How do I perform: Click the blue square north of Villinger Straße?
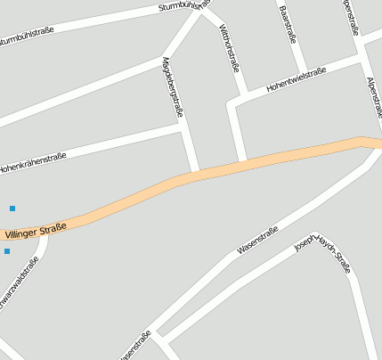(x=12, y=209)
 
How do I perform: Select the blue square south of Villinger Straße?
(x=7, y=251)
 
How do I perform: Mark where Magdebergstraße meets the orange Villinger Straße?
(x=193, y=171)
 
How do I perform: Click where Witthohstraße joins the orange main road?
(x=242, y=160)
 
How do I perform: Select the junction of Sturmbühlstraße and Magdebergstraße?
(x=200, y=11)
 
